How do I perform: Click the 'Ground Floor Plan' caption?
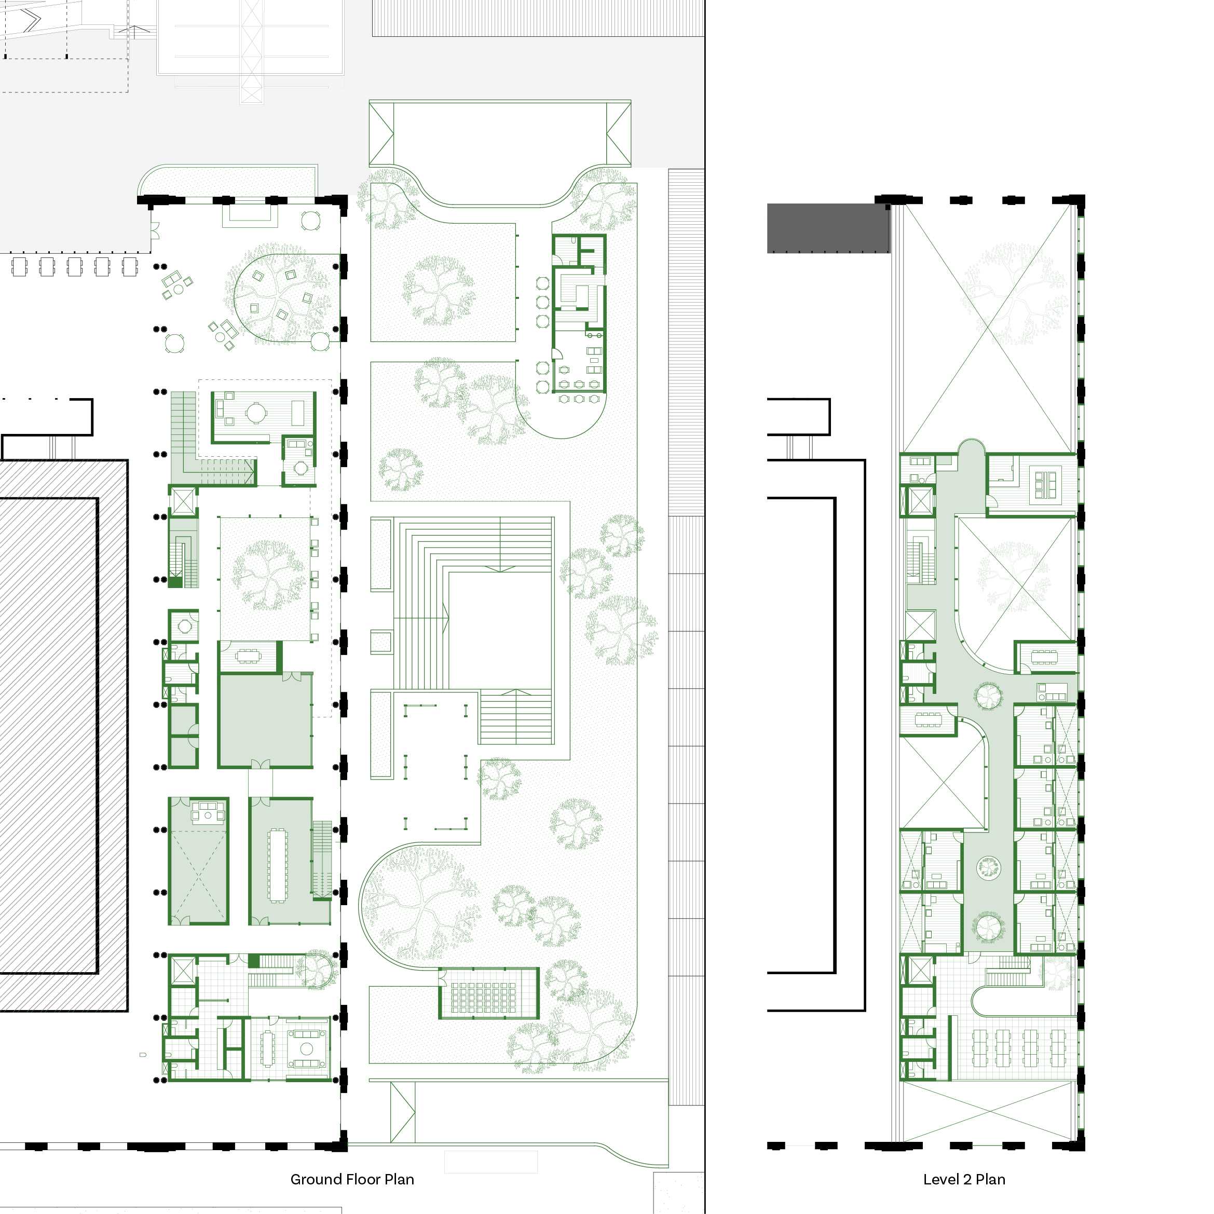click(x=352, y=1179)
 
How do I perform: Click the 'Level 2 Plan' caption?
click(x=964, y=1179)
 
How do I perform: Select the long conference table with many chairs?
click(x=277, y=865)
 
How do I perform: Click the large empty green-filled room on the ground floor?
click(x=265, y=720)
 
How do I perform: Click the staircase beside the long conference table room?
click(x=322, y=859)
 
